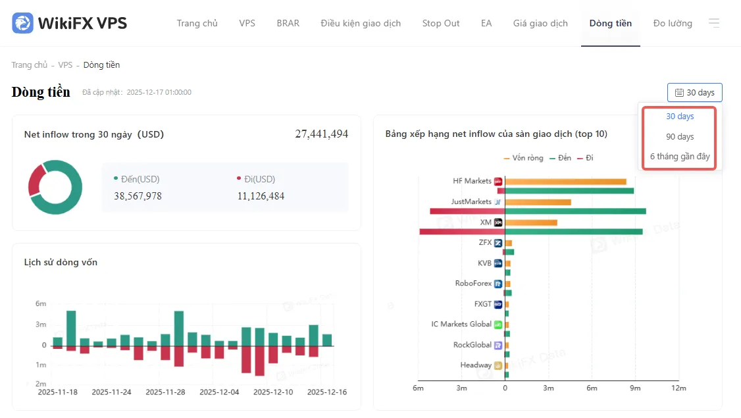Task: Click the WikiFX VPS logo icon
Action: pyautogui.click(x=22, y=22)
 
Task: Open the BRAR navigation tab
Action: pyautogui.click(x=288, y=23)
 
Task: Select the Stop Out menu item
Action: pyautogui.click(x=440, y=23)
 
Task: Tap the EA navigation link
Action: pyautogui.click(x=486, y=23)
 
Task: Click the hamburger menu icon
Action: pyautogui.click(x=714, y=22)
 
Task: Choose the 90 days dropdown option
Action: pyautogui.click(x=680, y=137)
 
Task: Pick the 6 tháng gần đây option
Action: pyautogui.click(x=680, y=157)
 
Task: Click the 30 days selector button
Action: pyautogui.click(x=695, y=93)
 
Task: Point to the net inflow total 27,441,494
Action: pyautogui.click(x=321, y=134)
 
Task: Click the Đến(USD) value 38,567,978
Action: pyautogui.click(x=138, y=196)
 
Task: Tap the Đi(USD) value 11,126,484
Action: pyautogui.click(x=261, y=196)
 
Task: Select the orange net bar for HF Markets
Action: pyautogui.click(x=566, y=182)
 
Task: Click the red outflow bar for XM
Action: pyautogui.click(x=462, y=232)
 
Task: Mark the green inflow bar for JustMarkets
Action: pyautogui.click(x=575, y=211)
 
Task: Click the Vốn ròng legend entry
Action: pyautogui.click(x=524, y=158)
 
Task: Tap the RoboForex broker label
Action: pyautogui.click(x=473, y=283)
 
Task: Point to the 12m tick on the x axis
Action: pyautogui.click(x=678, y=388)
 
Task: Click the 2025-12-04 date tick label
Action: pyautogui.click(x=219, y=392)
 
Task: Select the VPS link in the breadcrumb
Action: pyautogui.click(x=65, y=65)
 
